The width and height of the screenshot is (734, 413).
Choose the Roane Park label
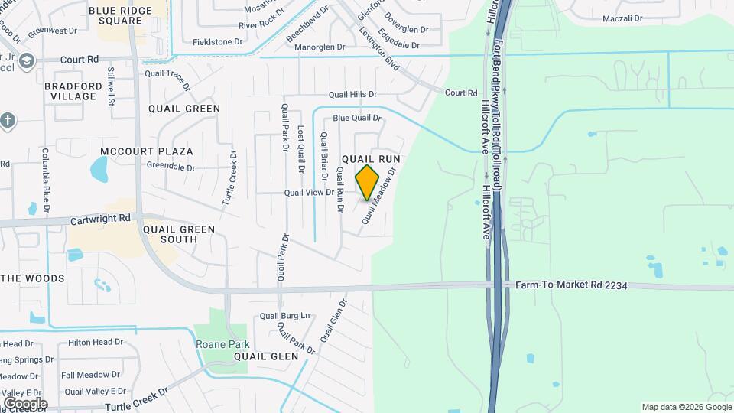click(x=222, y=344)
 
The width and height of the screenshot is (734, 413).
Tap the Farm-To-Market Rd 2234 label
click(x=571, y=285)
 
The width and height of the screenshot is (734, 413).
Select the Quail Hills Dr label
click(x=353, y=95)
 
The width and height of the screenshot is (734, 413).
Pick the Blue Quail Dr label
click(x=356, y=118)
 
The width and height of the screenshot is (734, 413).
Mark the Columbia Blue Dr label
click(x=46, y=180)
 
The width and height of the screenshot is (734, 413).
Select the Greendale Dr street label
click(x=172, y=166)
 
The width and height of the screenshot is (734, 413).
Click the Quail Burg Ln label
click(x=285, y=315)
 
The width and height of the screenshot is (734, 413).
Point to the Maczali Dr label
click(x=626, y=18)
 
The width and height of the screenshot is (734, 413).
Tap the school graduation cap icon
click(x=27, y=60)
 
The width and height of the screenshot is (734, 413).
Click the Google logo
click(x=24, y=403)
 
